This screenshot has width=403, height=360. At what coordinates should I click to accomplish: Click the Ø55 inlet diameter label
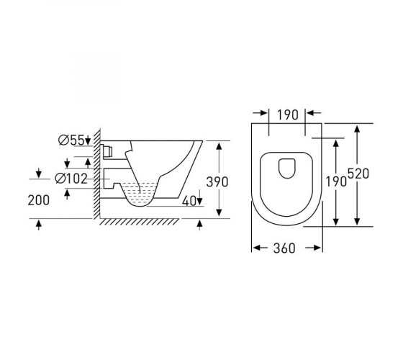[x=71, y=140]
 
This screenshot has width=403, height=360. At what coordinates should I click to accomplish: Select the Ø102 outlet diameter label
[x=71, y=179]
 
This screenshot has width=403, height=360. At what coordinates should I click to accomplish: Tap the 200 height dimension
[x=39, y=200]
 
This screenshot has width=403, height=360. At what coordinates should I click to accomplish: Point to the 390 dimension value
[x=217, y=181]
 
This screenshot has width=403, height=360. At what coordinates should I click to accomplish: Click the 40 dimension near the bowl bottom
[x=189, y=201]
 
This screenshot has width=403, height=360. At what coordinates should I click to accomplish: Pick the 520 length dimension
[x=358, y=174]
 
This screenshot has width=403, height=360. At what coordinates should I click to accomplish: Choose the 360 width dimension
[x=284, y=248]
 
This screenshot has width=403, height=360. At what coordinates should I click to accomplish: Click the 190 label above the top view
[x=288, y=114]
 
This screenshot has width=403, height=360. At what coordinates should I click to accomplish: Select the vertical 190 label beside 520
[x=336, y=181]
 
